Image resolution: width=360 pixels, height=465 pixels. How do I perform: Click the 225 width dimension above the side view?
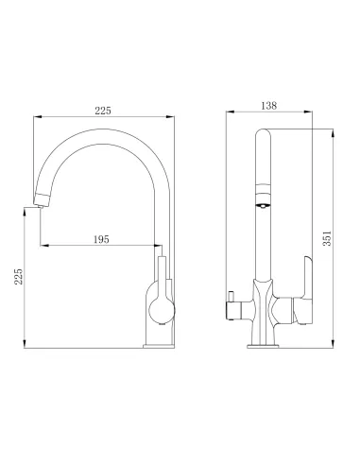pyautogui.click(x=103, y=111)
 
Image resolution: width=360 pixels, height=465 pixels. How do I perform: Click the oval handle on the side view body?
pyautogui.click(x=158, y=305)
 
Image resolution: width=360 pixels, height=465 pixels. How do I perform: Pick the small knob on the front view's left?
pyautogui.click(x=229, y=304)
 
